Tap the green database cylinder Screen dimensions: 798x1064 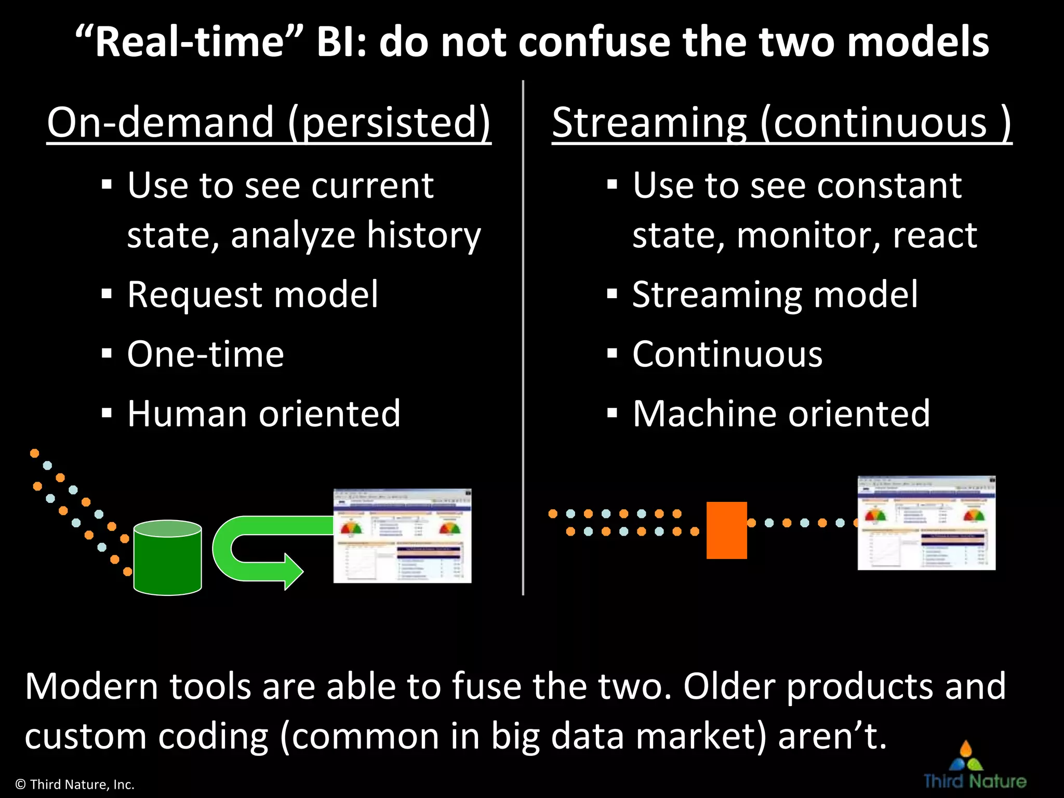(x=167, y=558)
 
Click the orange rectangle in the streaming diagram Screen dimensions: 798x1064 (x=726, y=530)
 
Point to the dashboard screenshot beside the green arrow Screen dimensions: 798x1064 (x=402, y=536)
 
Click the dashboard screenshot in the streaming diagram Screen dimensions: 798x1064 (x=926, y=523)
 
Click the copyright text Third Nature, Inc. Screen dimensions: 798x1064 (x=75, y=784)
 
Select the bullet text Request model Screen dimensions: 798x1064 (x=252, y=295)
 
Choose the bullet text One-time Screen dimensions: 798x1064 (x=205, y=354)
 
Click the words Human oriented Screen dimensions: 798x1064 (x=264, y=414)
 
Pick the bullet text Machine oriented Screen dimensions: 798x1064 (x=781, y=414)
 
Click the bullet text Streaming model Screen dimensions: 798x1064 (x=775, y=295)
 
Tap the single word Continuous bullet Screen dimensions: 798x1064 (x=727, y=354)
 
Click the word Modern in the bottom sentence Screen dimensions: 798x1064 (x=91, y=686)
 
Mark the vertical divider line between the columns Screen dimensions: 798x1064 (x=523, y=338)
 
